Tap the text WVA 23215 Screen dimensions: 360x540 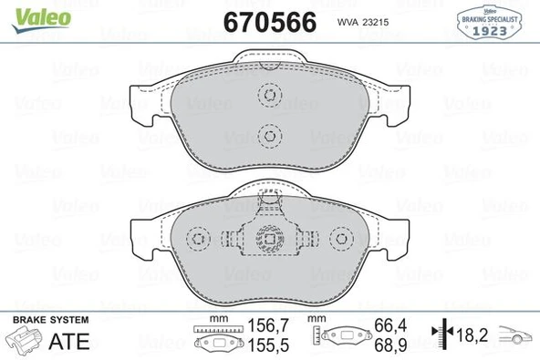coord(363,22)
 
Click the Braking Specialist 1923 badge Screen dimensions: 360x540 coord(493,21)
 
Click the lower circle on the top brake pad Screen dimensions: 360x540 coord(269,137)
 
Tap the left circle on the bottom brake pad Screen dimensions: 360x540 coord(196,240)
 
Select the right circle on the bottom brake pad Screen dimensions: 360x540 coord(342,240)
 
